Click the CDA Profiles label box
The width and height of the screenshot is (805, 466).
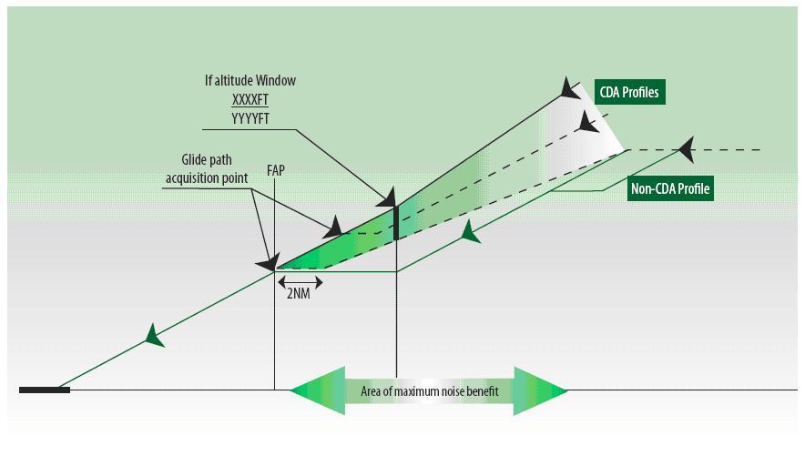tap(629, 93)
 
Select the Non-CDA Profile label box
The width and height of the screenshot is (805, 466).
tap(670, 189)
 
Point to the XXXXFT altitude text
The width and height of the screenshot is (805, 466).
tap(250, 98)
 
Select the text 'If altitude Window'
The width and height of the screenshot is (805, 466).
tap(250, 81)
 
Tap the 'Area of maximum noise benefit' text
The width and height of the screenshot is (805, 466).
tap(429, 391)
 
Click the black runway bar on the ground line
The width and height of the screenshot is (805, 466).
tap(45, 390)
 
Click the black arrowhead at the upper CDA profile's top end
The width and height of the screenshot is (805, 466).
tap(569, 88)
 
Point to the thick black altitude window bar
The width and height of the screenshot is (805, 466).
tap(396, 223)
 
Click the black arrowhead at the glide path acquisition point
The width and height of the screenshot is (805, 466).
tap(267, 264)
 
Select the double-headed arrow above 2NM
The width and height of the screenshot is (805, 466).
tap(299, 280)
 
